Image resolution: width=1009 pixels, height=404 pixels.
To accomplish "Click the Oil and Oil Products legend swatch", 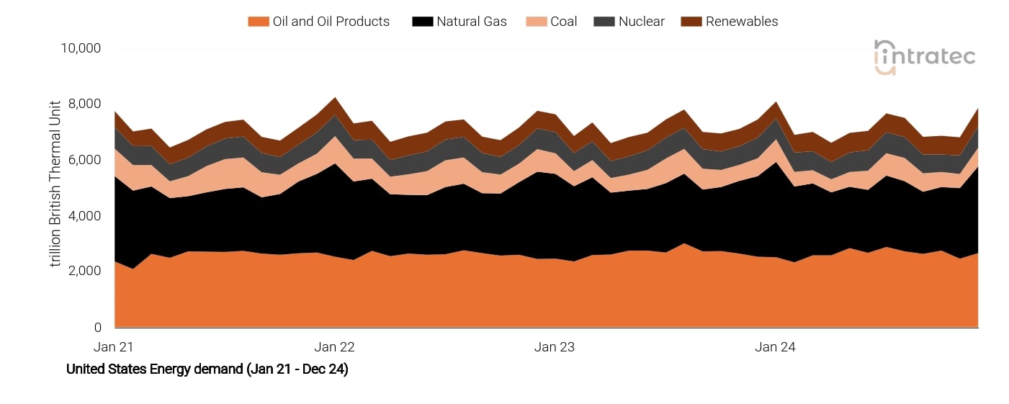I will (x=258, y=22).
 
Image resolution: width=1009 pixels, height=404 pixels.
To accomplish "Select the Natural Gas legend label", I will (x=471, y=22).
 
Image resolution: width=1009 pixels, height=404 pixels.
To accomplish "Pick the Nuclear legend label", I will (x=641, y=22).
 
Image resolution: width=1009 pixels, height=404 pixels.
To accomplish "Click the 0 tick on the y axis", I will (x=97, y=328).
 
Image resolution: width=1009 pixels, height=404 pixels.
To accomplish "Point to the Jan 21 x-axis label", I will (x=114, y=347).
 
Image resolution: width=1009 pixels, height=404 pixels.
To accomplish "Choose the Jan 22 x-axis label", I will (x=334, y=347).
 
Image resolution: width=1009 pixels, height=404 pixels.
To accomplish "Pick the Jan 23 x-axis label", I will (x=555, y=347).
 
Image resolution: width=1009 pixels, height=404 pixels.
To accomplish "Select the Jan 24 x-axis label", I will (x=775, y=347).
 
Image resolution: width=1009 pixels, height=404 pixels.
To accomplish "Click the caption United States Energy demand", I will (x=207, y=369).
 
